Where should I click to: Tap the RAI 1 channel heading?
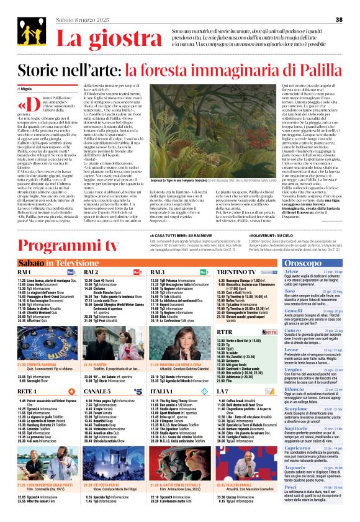click(25, 272)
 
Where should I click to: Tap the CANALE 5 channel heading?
click(97, 392)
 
